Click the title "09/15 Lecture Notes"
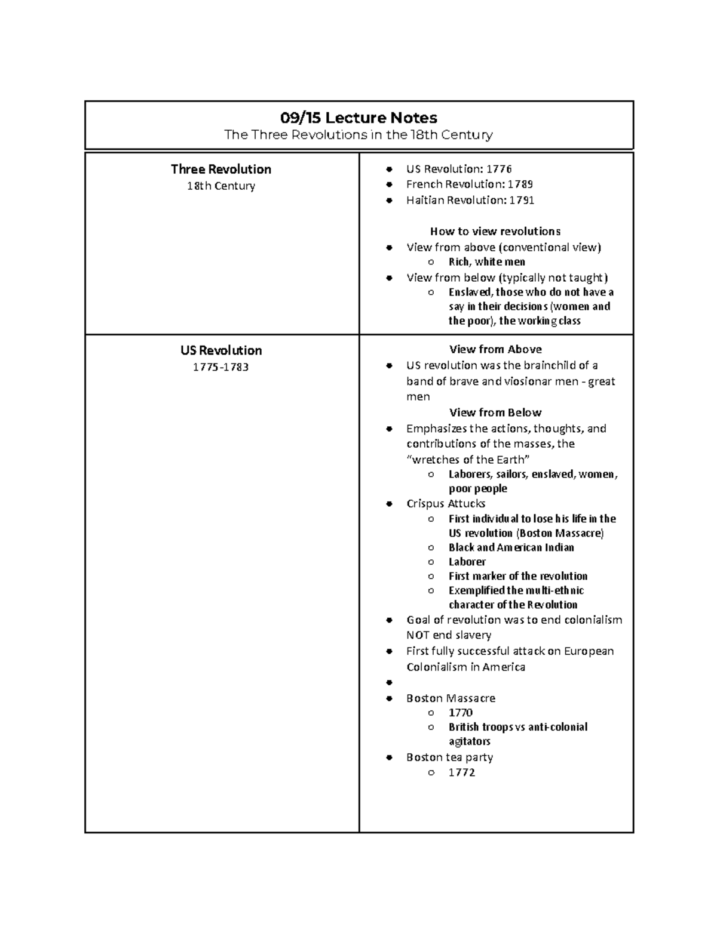point(358,118)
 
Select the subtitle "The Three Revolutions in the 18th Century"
point(358,135)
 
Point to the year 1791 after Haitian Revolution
point(522,200)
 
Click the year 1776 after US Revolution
point(500,169)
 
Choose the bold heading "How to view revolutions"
point(495,231)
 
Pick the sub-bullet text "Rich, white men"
point(487,261)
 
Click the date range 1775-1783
point(220,367)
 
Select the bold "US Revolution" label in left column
point(221,350)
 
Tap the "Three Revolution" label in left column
point(221,169)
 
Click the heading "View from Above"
point(495,349)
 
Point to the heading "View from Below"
point(495,412)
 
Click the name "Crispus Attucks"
point(446,503)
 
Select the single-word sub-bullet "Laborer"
point(467,562)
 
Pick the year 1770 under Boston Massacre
point(461,712)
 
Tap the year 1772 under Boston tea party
point(462,772)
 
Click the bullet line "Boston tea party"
point(449,757)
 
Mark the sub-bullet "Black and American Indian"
point(511,547)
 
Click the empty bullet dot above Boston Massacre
point(390,682)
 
